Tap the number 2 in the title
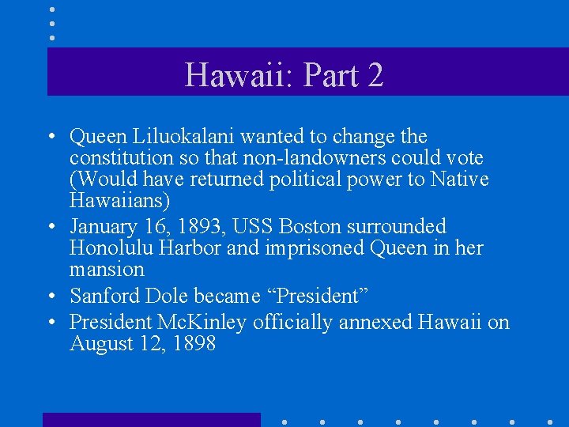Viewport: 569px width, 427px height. click(375, 75)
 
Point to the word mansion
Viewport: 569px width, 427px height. click(107, 270)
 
